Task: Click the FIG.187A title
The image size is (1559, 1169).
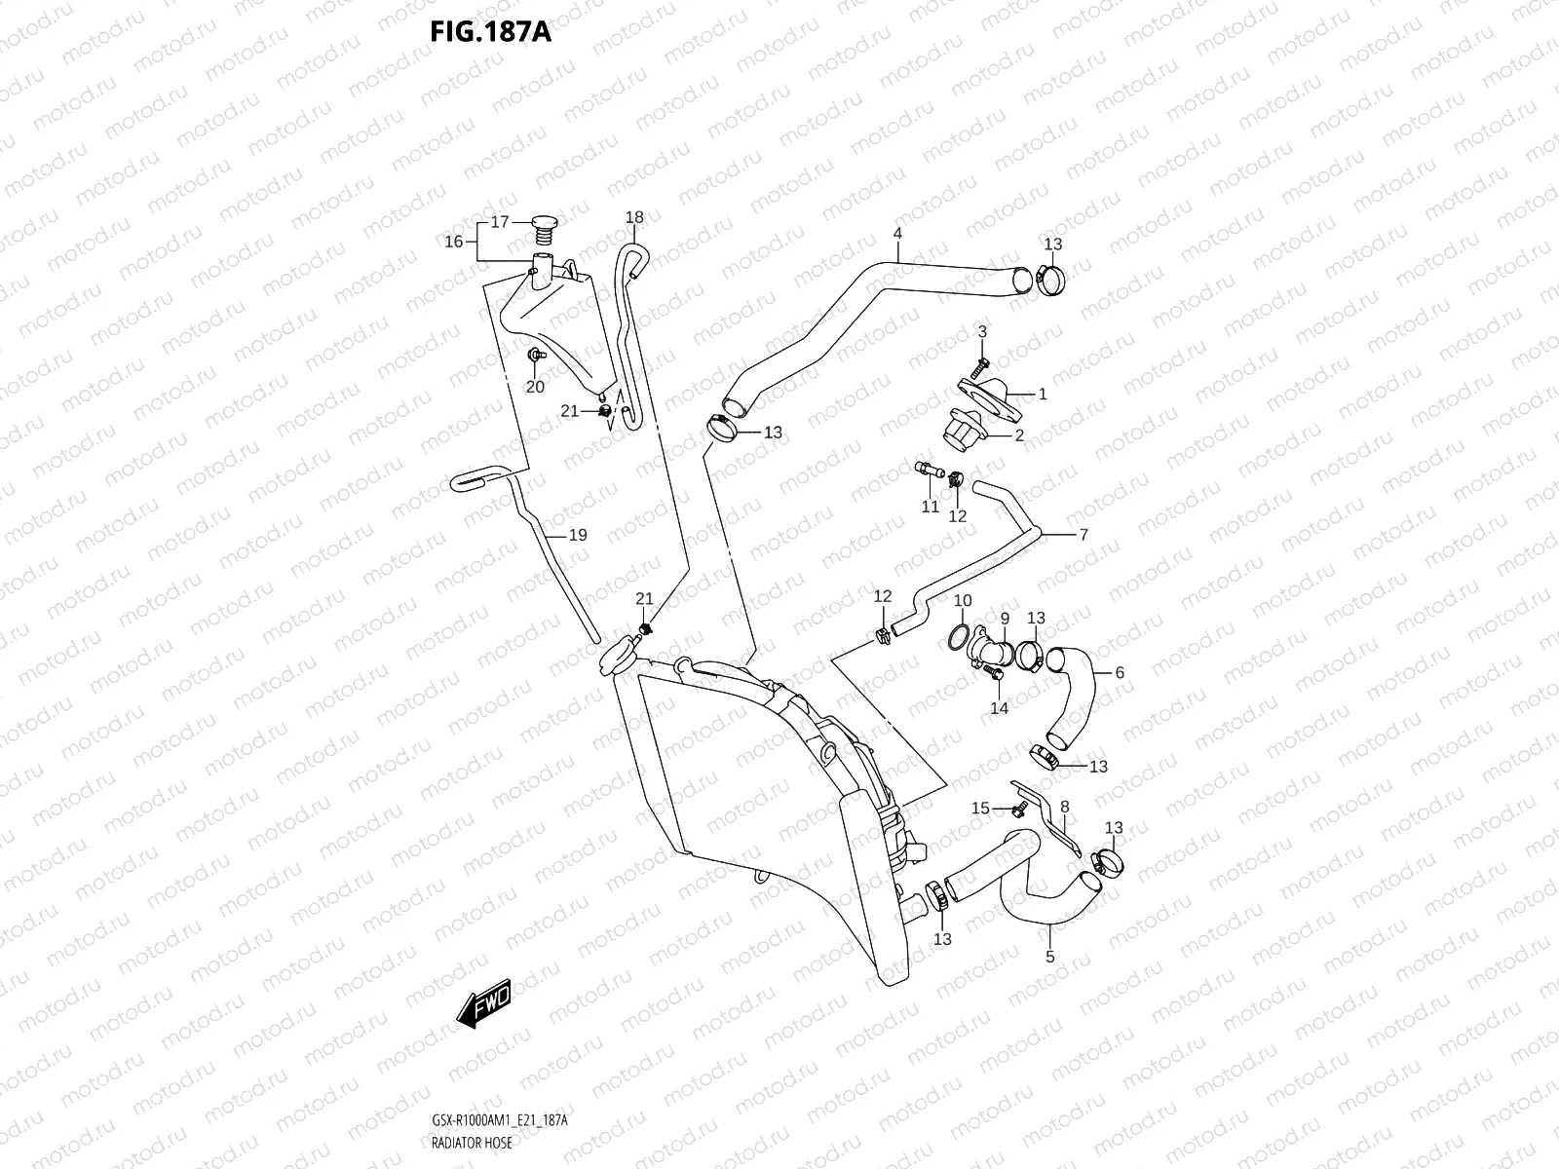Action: click(x=491, y=32)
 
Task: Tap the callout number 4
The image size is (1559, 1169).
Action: click(x=897, y=234)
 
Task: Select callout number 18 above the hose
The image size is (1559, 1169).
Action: click(x=634, y=216)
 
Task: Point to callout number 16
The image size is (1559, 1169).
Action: click(x=454, y=242)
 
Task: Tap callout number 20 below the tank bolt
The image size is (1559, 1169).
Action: click(x=535, y=387)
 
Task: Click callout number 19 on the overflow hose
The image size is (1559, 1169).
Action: click(x=578, y=535)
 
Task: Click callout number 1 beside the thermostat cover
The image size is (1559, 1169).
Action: click(x=1043, y=395)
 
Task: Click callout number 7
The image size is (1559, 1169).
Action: click(x=1084, y=534)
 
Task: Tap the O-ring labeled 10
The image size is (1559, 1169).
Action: click(x=958, y=637)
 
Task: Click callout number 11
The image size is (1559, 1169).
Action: click(x=931, y=507)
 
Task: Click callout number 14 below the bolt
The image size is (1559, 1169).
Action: click(x=999, y=708)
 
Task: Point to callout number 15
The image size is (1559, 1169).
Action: click(x=981, y=809)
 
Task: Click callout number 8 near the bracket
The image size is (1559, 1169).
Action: click(x=1065, y=807)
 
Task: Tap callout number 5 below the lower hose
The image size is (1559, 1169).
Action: click(x=1050, y=957)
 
